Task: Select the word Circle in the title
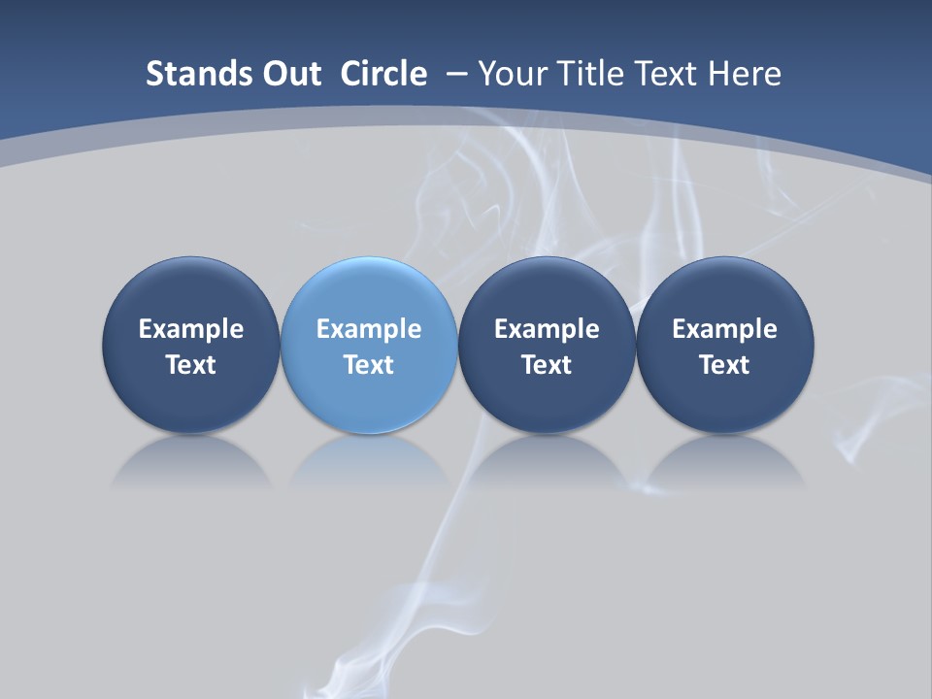pos(383,74)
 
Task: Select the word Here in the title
pos(746,74)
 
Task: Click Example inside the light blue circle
pos(369,329)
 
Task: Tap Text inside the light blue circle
pos(369,365)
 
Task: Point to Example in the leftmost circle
pos(191,329)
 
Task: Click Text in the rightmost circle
pos(725,365)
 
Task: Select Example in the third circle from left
pos(547,329)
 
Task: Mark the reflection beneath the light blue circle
pos(369,462)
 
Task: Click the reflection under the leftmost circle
pos(191,462)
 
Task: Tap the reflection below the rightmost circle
pos(725,462)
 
